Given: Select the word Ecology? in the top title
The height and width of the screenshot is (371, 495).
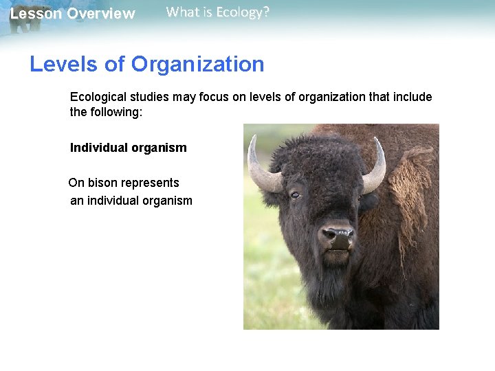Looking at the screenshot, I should [x=243, y=12].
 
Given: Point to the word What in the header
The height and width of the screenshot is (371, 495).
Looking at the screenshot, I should [x=181, y=12].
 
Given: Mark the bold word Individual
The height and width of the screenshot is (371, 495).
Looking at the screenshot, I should [x=98, y=148].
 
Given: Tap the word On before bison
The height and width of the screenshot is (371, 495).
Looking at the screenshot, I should [x=76, y=183].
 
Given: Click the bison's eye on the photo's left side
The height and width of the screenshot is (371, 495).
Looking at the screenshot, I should [x=295, y=195].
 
